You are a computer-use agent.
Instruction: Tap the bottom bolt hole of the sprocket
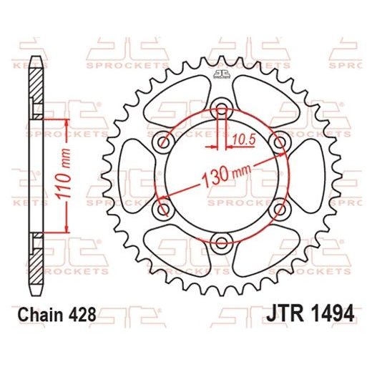(222, 240)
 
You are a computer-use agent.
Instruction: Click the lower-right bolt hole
(278, 207)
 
